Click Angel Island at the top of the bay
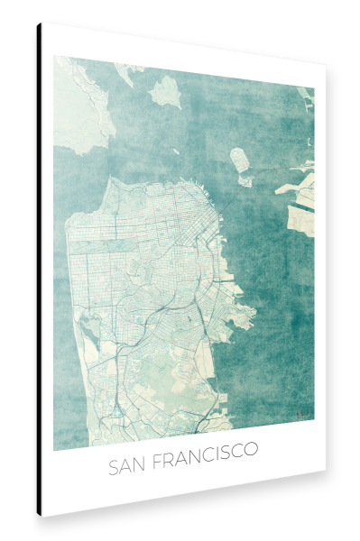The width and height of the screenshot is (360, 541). click(166, 90)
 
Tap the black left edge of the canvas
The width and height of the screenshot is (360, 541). click(40, 270)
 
